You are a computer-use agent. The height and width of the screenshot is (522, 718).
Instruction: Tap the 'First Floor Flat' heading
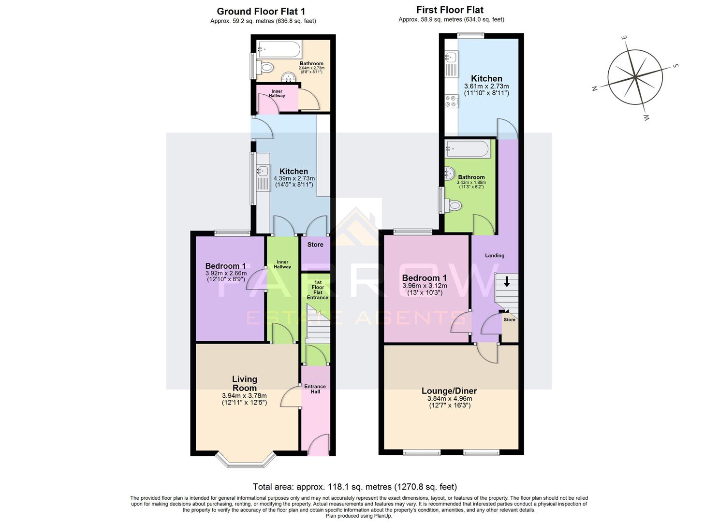click(450, 10)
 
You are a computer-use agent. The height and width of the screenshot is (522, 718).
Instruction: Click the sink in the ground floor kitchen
click(263, 171)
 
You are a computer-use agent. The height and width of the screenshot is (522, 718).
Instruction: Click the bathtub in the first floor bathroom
click(468, 148)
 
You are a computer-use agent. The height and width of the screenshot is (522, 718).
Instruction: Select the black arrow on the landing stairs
click(506, 281)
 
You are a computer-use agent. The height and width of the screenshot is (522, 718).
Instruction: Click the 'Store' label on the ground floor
click(315, 245)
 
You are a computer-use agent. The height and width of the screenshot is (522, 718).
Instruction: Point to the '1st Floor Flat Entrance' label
click(317, 290)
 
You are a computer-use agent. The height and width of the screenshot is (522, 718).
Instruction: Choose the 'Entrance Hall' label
click(315, 389)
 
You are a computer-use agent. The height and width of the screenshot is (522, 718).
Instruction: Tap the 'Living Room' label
click(244, 384)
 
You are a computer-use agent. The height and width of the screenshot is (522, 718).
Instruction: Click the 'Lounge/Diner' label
click(449, 391)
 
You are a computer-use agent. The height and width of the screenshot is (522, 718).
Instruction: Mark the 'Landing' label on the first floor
click(494, 256)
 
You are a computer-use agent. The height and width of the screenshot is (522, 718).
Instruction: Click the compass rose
click(634, 77)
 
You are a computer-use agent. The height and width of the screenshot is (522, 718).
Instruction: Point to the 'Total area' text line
click(354, 487)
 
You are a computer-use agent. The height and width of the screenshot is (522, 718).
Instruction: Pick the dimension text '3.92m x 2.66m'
click(226, 273)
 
